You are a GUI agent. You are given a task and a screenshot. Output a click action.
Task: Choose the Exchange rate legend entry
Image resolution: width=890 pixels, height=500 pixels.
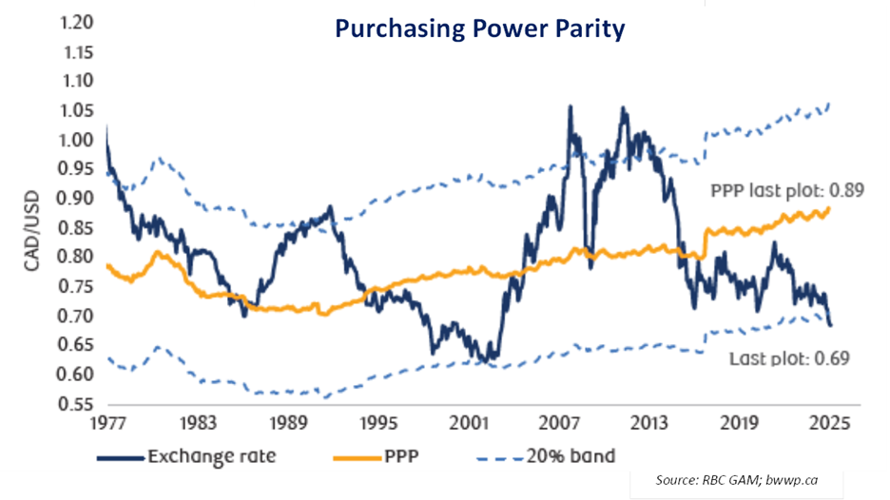211,456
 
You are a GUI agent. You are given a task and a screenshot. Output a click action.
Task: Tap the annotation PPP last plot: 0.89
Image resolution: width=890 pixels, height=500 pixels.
786,190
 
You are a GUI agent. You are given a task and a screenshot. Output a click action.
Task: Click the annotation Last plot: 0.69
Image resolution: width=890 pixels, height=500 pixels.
788,358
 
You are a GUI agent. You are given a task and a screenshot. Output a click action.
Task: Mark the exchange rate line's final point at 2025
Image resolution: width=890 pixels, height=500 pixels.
831,325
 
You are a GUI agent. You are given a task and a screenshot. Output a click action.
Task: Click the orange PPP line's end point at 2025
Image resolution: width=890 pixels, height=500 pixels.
830,208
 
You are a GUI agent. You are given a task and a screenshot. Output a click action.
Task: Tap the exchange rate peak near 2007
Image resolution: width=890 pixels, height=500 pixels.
570,106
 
